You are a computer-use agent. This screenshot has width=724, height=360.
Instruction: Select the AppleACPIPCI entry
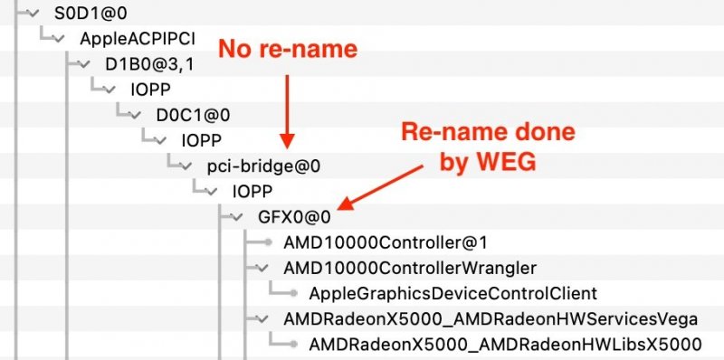(x=127, y=40)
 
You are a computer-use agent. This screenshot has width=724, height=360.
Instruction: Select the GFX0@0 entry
(x=294, y=217)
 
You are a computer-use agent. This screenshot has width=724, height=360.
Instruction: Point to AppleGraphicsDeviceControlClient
(x=452, y=293)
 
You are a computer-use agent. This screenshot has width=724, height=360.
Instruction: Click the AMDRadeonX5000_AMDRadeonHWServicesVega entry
(x=490, y=318)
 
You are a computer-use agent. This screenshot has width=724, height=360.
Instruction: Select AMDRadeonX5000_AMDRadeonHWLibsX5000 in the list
(x=505, y=344)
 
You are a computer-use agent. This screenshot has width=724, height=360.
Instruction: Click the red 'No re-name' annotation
(x=286, y=47)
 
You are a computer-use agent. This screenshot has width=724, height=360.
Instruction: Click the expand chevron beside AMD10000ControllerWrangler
(x=262, y=268)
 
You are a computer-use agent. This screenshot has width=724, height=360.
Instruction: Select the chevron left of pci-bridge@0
(x=186, y=166)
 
